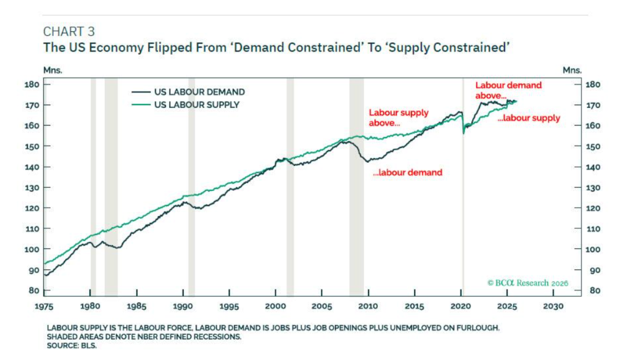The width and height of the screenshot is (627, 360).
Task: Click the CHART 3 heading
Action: click(69, 31)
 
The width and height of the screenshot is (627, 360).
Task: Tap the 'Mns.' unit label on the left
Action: click(51, 70)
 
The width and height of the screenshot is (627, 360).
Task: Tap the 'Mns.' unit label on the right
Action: click(572, 70)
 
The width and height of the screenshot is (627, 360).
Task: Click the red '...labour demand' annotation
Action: click(407, 173)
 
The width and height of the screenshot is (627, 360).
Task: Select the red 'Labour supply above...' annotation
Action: click(398, 118)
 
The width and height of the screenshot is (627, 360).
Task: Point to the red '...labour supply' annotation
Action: click(528, 118)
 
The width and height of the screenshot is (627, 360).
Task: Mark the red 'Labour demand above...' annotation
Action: click(508, 90)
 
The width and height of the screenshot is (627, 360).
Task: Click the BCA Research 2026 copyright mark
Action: click(528, 283)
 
